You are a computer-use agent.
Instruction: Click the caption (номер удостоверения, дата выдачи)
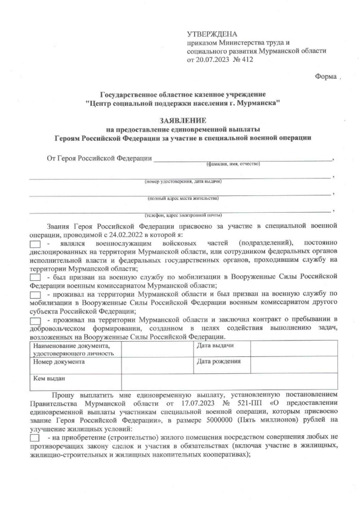pos(183,181)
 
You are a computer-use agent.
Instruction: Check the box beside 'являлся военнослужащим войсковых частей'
pos(35,243)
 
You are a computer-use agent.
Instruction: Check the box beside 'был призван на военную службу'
pos(35,278)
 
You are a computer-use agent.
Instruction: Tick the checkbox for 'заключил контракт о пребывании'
pos(35,320)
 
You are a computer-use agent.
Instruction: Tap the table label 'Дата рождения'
pos(219,361)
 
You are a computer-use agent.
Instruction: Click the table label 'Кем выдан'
pos(49,378)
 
